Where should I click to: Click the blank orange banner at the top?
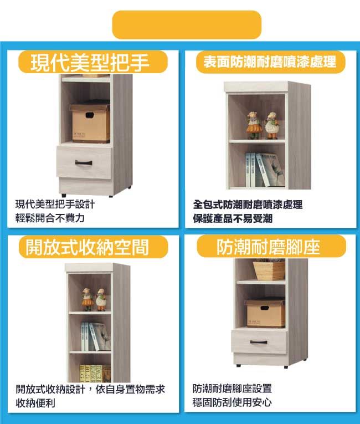pyautogui.click(x=187, y=24)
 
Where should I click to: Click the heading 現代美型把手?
pyautogui.click(x=90, y=63)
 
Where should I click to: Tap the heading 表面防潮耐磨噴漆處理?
pyautogui.click(x=270, y=62)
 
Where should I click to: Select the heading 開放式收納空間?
pyautogui.click(x=87, y=247)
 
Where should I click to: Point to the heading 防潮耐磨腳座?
pyautogui.click(x=268, y=247)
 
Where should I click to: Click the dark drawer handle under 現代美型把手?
pyautogui.click(x=84, y=162)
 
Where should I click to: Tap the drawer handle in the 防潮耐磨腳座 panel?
pyautogui.click(x=259, y=343)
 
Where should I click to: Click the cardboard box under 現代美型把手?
pyautogui.click(x=90, y=122)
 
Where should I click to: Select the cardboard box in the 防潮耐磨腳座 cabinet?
pyautogui.click(x=265, y=313)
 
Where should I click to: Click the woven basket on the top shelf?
pyautogui.click(x=269, y=269)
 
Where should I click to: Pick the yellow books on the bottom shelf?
pyautogui.click(x=95, y=374)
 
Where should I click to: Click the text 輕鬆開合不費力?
pyautogui.click(x=50, y=218)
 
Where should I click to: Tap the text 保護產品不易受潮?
pyautogui.click(x=233, y=218)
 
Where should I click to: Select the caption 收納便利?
pyautogui.click(x=35, y=403)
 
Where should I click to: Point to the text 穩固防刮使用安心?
pyautogui.click(x=232, y=402)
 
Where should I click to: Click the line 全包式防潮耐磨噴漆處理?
pyautogui.click(x=248, y=205)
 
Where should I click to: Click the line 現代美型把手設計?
pyautogui.click(x=55, y=204)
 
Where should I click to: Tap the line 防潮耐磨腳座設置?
pyautogui.click(x=232, y=389)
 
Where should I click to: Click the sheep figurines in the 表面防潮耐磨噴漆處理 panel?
pyautogui.click(x=263, y=125)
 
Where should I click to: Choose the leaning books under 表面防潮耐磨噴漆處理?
pyautogui.click(x=265, y=170)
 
